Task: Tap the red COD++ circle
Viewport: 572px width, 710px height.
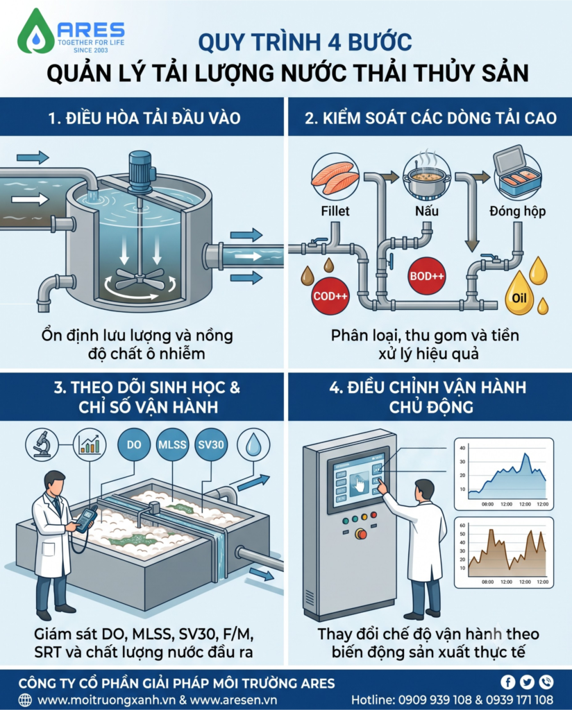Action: [330, 296]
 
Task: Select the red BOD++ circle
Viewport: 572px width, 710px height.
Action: [427, 276]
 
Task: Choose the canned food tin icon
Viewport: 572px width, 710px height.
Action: [518, 172]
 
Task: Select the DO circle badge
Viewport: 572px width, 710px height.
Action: [134, 444]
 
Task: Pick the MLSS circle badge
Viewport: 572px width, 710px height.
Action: [172, 444]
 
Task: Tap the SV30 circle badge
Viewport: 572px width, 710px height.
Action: [211, 444]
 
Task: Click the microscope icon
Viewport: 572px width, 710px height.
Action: [42, 444]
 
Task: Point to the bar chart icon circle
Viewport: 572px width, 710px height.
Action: [90, 444]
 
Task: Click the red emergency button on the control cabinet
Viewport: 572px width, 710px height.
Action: [361, 534]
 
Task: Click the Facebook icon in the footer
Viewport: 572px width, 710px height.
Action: [507, 682]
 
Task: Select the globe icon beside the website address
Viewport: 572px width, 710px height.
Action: [25, 700]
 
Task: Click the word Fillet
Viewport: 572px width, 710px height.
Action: [335, 211]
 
